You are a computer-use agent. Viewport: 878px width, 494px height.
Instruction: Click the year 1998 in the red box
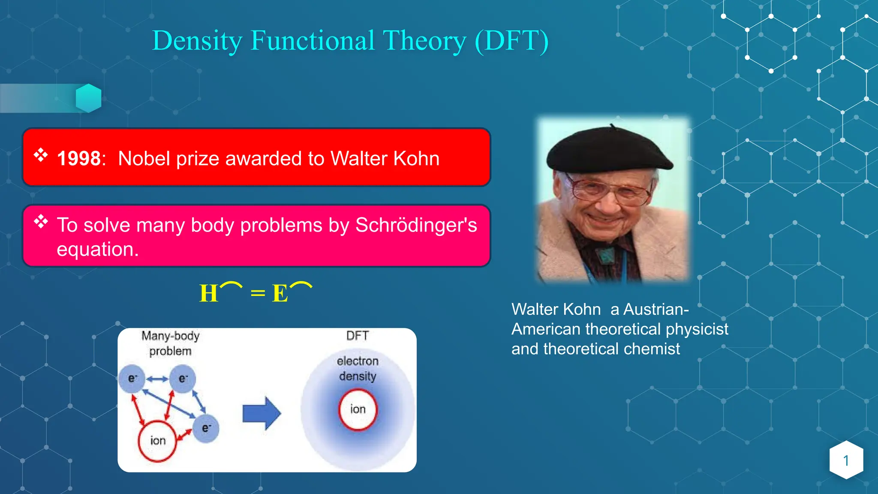pyautogui.click(x=79, y=159)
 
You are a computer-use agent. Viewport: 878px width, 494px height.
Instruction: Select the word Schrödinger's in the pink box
pyautogui.click(x=416, y=225)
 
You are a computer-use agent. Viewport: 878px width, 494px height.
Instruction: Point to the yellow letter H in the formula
pyautogui.click(x=209, y=294)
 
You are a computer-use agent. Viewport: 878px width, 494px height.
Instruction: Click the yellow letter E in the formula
pyautogui.click(x=280, y=294)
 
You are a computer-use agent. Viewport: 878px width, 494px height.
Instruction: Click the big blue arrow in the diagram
pyautogui.click(x=262, y=413)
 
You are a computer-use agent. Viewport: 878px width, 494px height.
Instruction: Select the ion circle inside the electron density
pyautogui.click(x=358, y=410)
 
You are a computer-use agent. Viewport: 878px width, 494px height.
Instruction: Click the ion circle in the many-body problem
pyautogui.click(x=157, y=441)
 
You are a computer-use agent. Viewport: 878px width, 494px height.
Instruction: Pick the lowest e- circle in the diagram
pyautogui.click(x=206, y=428)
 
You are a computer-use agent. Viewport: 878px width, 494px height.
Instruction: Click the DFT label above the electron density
pyautogui.click(x=357, y=336)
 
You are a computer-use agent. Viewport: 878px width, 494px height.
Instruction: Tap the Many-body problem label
pyautogui.click(x=170, y=343)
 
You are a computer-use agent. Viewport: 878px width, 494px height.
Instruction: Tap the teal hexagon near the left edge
pyautogui.click(x=89, y=98)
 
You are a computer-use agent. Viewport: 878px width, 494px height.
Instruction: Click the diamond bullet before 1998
pyautogui.click(x=41, y=155)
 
